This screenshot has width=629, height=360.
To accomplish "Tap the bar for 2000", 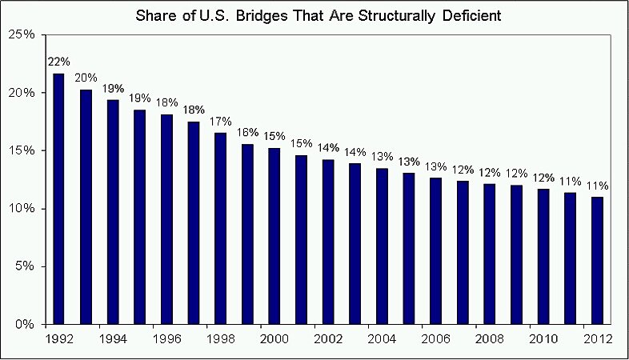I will click(x=274, y=237).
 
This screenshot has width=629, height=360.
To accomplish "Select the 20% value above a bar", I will click(x=86, y=78).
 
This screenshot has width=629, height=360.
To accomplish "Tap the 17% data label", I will click(x=220, y=122).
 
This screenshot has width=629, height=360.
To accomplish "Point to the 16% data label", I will click(x=247, y=133).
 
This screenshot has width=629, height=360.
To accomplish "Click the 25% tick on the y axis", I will click(x=22, y=34).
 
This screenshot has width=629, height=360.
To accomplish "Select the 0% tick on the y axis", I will click(x=24, y=325).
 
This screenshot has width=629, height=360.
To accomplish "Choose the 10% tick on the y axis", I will click(x=22, y=209).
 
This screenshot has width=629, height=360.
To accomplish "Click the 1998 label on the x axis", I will click(x=220, y=338).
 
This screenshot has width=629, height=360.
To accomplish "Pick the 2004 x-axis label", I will click(x=382, y=338).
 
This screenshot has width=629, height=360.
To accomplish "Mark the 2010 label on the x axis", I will click(x=543, y=338).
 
